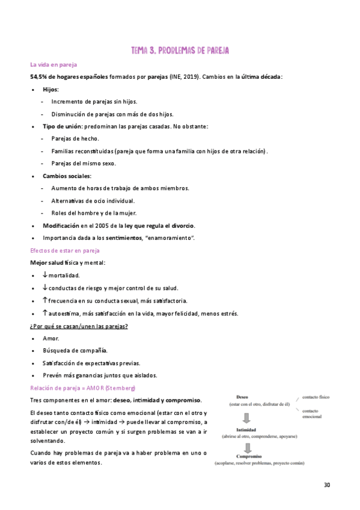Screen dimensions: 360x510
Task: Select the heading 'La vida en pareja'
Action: [x=53, y=64]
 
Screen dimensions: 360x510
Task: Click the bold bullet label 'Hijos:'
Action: [x=51, y=89]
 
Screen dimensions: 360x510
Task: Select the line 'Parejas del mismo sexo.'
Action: [x=84, y=163]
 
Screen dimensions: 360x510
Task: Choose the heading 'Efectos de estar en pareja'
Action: [x=65, y=250]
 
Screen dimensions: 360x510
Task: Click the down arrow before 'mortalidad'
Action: [x=45, y=275]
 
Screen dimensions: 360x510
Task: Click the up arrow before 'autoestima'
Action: [x=45, y=313]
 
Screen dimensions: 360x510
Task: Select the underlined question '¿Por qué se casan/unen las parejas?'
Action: [x=79, y=326]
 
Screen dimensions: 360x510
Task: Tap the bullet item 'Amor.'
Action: [x=51, y=338]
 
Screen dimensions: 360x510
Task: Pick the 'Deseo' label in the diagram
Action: [x=242, y=398]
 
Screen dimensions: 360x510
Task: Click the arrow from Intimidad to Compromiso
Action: [x=246, y=448]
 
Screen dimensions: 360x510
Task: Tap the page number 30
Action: [x=327, y=485]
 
